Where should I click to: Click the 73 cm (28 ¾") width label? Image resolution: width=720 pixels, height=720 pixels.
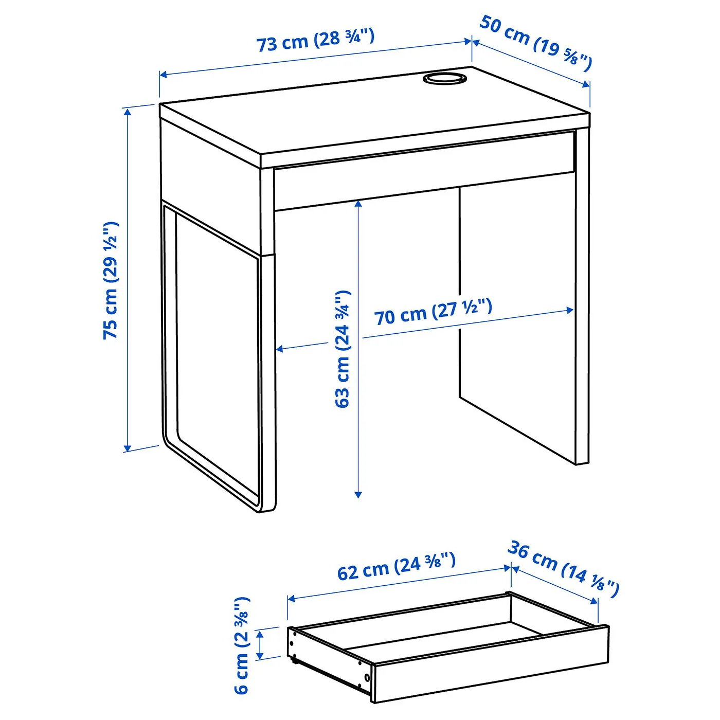tap(315, 40)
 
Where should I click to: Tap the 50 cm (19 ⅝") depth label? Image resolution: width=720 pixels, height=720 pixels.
tap(536, 43)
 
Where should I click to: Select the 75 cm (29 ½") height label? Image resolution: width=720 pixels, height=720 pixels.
tap(111, 280)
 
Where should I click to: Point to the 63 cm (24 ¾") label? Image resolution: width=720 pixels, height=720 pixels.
tap(343, 349)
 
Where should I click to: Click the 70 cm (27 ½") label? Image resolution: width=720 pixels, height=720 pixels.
tap(433, 312)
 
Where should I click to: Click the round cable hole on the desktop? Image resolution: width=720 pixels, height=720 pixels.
tap(444, 78)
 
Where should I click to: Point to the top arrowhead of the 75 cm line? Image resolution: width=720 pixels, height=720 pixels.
tap(128, 112)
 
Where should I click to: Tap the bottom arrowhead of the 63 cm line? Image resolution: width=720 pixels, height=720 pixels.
tap(358, 494)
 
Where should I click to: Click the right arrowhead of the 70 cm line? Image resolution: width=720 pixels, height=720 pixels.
tap(569, 310)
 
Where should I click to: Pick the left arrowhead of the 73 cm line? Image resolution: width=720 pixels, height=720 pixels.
tap(164, 75)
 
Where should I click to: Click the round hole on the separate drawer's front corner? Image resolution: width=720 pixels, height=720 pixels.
tap(367, 677)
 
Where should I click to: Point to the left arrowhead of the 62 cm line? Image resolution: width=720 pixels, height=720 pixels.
tap(292, 599)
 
